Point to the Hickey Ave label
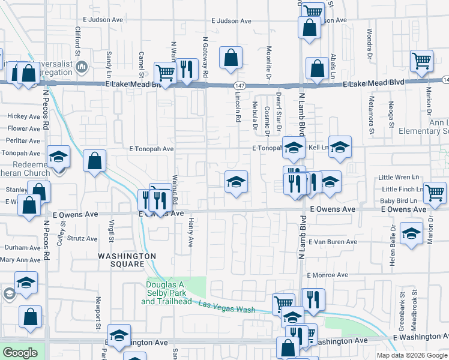coord(23,116)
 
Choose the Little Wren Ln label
coord(396,178)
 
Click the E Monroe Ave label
coord(327,275)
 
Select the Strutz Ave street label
coord(82,238)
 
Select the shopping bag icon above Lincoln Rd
coord(231,59)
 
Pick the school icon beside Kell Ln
coord(339,148)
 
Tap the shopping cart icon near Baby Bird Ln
coord(435,193)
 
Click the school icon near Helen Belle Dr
coord(411,234)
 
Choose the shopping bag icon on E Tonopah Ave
coord(95,161)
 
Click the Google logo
coord(20,353)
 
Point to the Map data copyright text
coord(411,355)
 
